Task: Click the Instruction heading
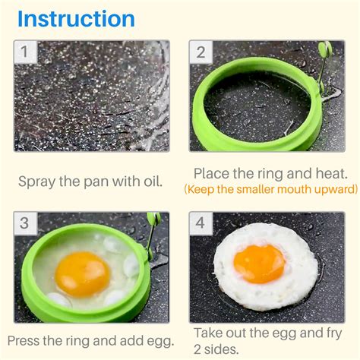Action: click(x=76, y=18)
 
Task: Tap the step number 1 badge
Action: click(x=26, y=52)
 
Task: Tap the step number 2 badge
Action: click(x=201, y=52)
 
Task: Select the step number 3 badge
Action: click(x=25, y=223)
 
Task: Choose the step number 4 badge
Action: click(x=201, y=223)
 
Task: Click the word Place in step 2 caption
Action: click(x=213, y=173)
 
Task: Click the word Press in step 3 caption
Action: click(x=27, y=340)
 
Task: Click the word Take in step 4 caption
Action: click(x=208, y=333)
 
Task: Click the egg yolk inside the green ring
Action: click(x=82, y=273)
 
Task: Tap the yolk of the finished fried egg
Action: click(x=259, y=263)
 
